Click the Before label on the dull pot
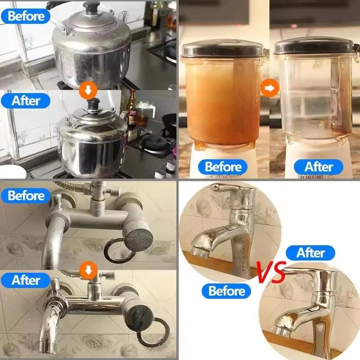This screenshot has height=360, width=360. point(26,16)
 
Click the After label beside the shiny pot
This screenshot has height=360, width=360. point(26,100)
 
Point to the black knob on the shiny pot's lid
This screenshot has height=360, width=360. point(94,103)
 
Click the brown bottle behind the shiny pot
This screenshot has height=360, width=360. point(132,108)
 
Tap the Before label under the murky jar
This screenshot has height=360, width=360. point(223,166)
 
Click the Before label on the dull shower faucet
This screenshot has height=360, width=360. point(26,196)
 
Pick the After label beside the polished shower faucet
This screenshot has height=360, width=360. point(26,280)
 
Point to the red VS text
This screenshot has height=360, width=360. point(271,274)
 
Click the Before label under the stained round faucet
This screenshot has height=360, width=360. point(227,291)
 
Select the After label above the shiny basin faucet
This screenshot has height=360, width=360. point(310,253)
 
